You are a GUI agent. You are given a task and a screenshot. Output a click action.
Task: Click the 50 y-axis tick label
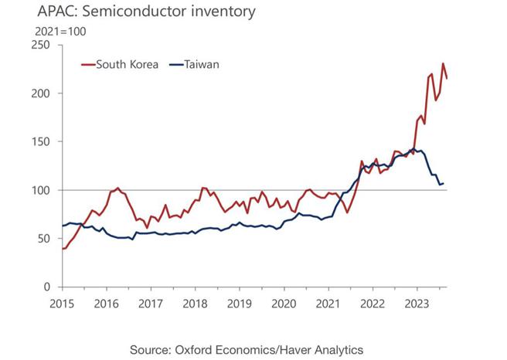[43, 239]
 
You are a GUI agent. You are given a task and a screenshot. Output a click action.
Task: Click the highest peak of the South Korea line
[443, 63]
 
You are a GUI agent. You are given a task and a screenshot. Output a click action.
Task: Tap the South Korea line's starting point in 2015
[62, 248]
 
